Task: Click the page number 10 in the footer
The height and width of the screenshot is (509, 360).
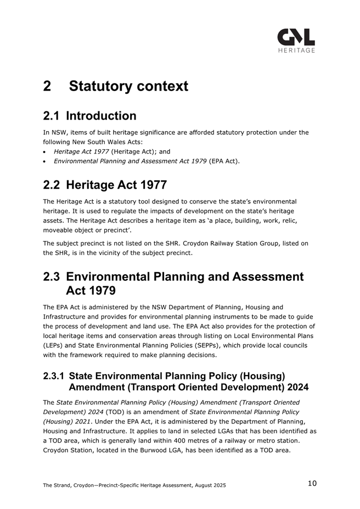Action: (312, 483)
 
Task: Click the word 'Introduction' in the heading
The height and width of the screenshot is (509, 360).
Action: (101, 116)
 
